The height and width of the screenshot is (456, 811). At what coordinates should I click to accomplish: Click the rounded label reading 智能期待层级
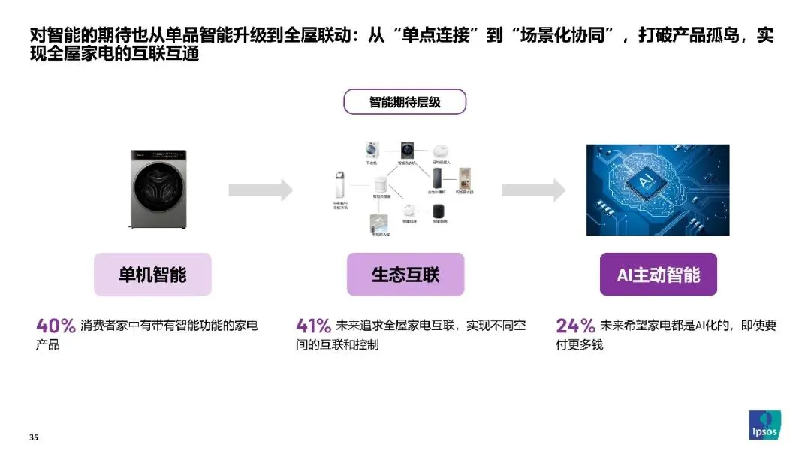pos(405,102)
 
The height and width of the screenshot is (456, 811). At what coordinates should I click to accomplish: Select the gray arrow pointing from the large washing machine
pos(261,190)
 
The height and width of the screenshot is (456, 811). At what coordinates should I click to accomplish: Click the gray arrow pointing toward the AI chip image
pos(533,190)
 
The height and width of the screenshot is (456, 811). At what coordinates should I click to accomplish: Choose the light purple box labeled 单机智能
pos(152,274)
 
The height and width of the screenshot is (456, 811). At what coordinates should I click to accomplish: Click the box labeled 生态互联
pos(405,274)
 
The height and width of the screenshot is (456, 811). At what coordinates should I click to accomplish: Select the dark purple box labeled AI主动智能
pos(658,274)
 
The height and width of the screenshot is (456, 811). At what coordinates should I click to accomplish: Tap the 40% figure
pos(56,325)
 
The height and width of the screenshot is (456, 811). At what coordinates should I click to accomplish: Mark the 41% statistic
pos(314,325)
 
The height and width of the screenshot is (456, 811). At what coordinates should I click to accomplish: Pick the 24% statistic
pos(574,325)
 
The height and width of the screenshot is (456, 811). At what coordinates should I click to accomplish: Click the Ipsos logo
pos(764,425)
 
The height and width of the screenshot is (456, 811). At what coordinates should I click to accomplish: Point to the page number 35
pos(33,437)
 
